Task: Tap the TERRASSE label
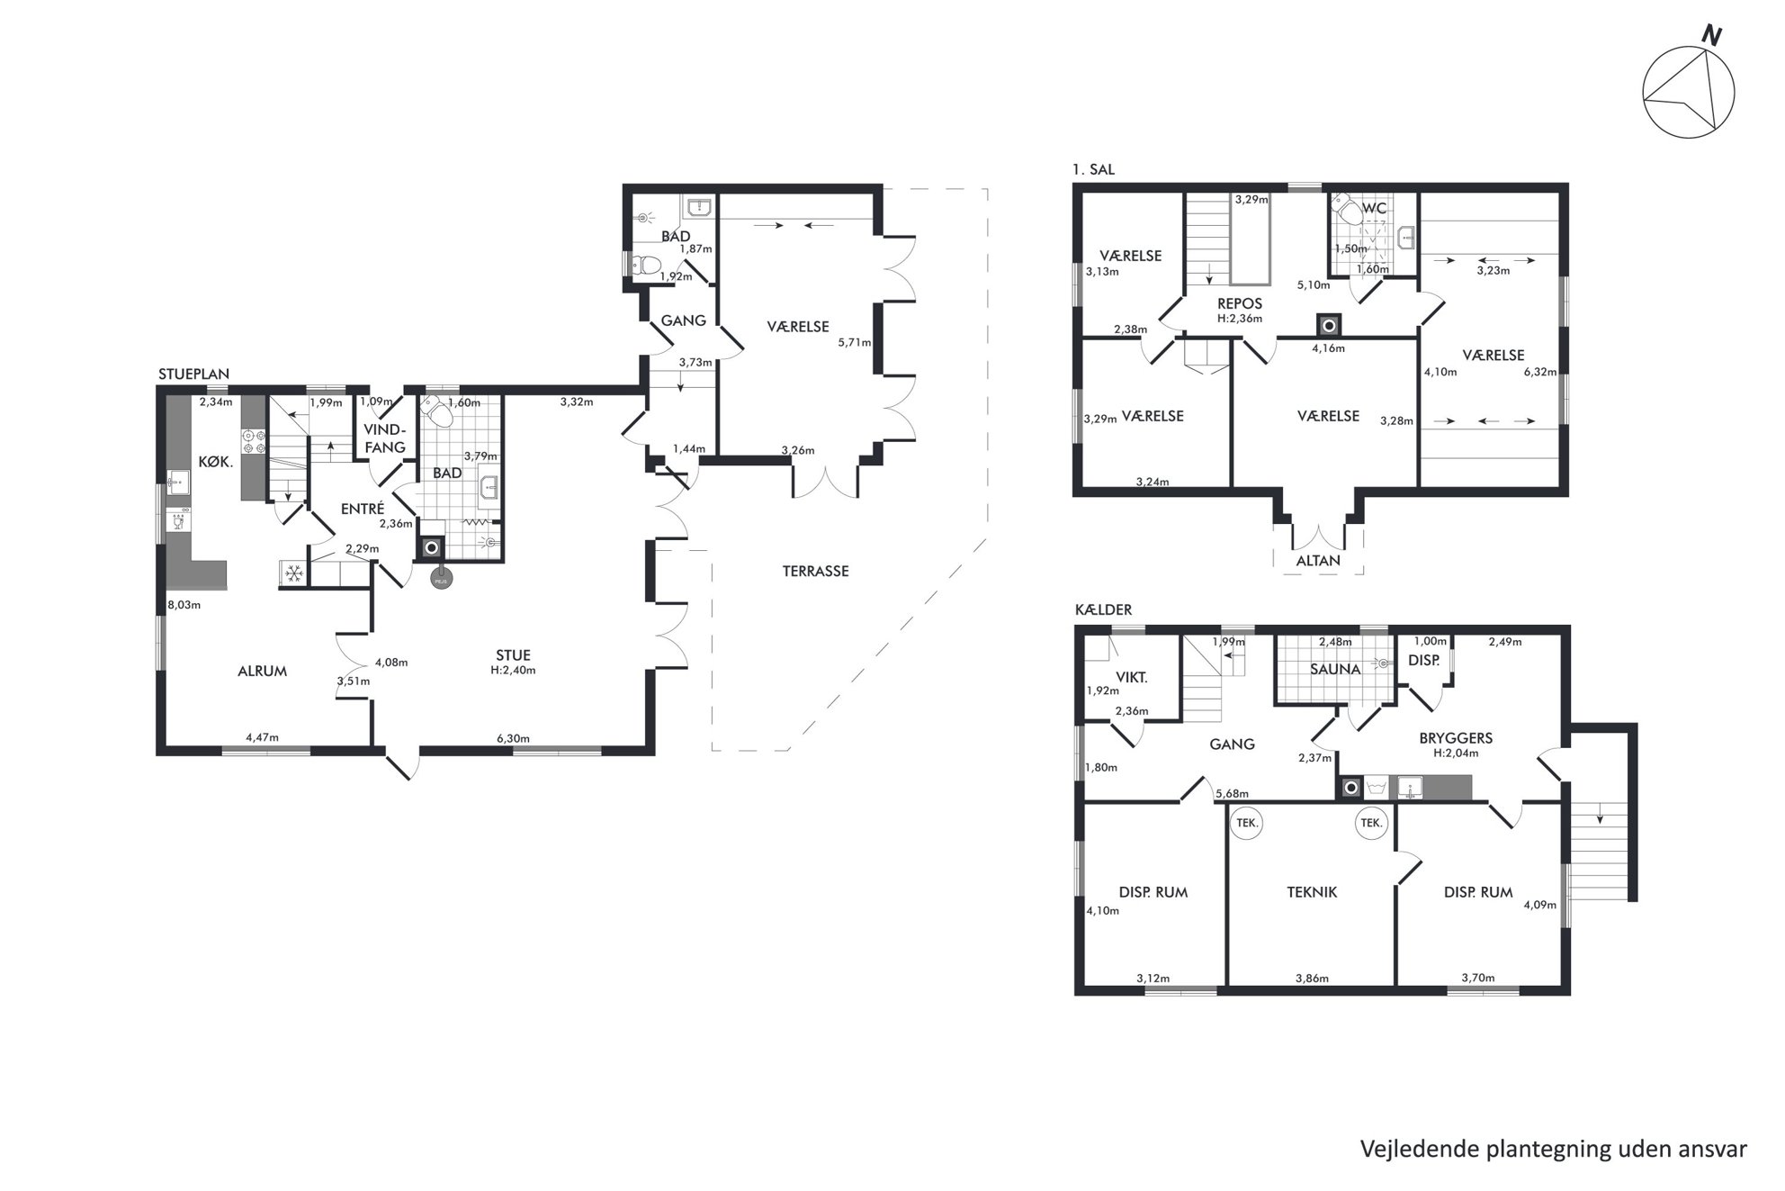pos(815,571)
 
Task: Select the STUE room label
pos(514,655)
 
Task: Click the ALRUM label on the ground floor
pos(263,671)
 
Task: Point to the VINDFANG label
pos(385,438)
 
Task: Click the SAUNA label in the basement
pos(1335,669)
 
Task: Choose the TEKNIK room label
pos(1312,892)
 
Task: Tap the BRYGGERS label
pos(1456,738)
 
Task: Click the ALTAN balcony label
pos(1318,560)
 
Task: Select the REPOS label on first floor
pos(1240,303)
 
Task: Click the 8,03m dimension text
pos(184,605)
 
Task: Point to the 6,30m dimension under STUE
pos(513,738)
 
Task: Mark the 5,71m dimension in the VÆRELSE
pos(855,342)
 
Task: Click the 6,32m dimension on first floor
pos(1540,372)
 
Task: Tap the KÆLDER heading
pos(1103,609)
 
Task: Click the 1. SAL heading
pos(1093,169)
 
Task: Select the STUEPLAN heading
pos(193,374)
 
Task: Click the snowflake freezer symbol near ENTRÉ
pos(293,573)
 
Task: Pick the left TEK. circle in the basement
pos(1246,823)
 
